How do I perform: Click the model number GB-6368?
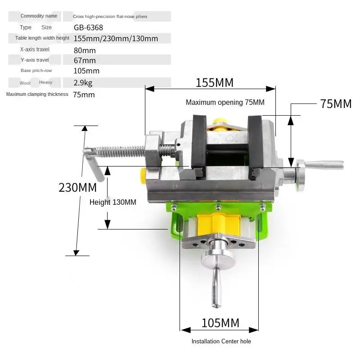click(88, 27)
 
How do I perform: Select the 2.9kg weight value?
click(83, 83)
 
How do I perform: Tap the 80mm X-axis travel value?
click(85, 50)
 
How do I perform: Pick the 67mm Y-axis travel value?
click(85, 60)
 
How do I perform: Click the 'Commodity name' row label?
click(39, 16)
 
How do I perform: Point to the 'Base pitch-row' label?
click(36, 71)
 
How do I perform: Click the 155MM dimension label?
click(215, 83)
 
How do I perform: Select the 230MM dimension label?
click(77, 187)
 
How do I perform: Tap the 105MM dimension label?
click(220, 323)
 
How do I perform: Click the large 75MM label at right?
click(336, 104)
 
